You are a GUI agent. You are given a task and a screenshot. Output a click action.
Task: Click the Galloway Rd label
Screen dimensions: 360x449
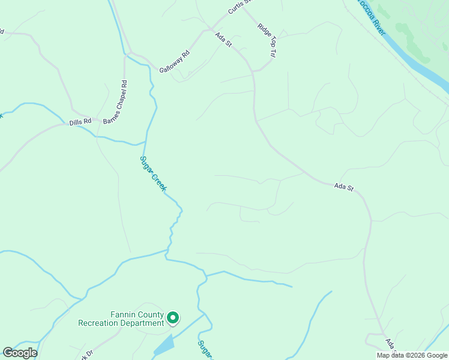click(174, 62)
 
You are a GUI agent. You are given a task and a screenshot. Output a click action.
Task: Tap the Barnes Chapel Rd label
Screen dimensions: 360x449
click(116, 103)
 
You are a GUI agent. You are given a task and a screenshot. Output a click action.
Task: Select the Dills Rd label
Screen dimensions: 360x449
click(80, 121)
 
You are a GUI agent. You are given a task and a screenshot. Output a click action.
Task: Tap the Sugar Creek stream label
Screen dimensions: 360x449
click(152, 173)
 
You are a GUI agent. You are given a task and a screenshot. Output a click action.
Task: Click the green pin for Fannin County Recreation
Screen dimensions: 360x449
click(173, 317)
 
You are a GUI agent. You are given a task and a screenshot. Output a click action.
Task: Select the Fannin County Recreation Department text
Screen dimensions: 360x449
click(121, 319)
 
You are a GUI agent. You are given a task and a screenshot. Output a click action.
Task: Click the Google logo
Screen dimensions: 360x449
click(20, 353)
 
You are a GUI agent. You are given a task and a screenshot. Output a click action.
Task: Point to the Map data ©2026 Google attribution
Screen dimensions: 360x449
click(412, 355)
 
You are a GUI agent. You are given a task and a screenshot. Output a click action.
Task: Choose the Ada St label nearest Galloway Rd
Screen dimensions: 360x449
click(223, 40)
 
